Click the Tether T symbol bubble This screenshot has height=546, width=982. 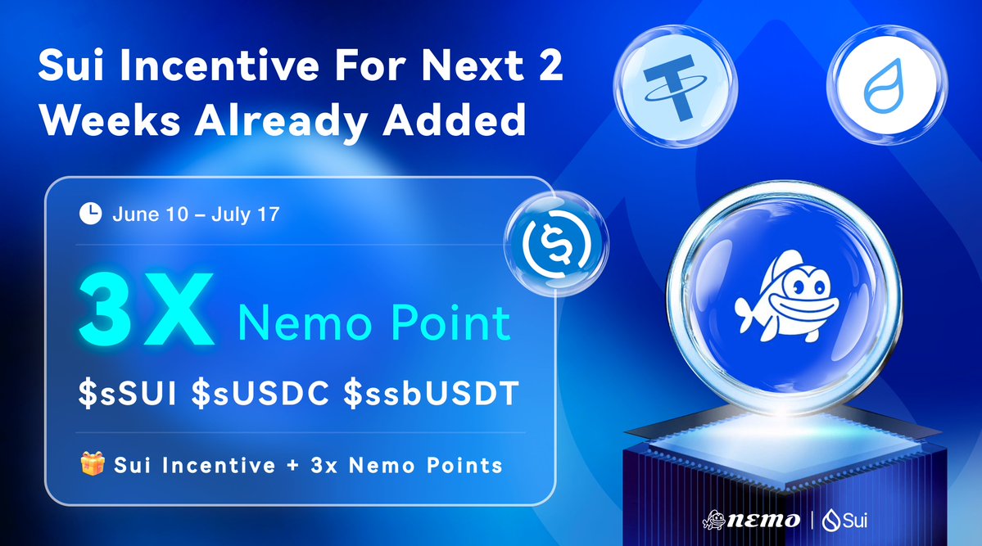click(675, 87)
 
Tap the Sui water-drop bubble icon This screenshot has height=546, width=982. click(887, 85)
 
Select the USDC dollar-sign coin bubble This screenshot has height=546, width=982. click(556, 243)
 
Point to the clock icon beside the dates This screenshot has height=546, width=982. click(90, 214)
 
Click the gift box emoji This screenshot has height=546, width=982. click(92, 464)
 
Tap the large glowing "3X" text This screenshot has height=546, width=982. click(147, 309)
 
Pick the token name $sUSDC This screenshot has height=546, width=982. click(260, 393)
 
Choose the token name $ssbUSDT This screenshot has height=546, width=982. click(432, 393)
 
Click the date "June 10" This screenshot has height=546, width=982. click(151, 214)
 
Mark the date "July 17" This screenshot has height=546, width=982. click(246, 214)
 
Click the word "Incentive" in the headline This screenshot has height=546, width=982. click(219, 65)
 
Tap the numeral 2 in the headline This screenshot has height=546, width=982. click(550, 65)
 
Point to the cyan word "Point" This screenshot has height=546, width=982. click(450, 323)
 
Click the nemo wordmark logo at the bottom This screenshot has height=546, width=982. click(751, 520)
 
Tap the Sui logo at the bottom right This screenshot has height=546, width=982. click(845, 520)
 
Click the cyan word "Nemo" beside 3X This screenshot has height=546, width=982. click(305, 323)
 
